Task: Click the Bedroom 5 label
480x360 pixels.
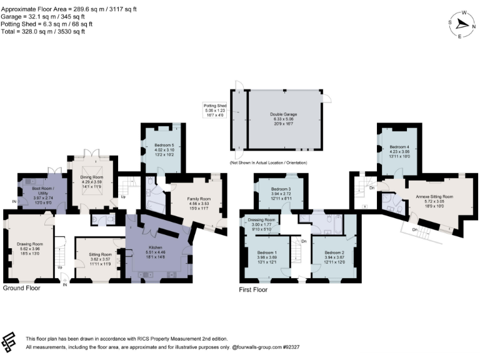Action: click(164, 146)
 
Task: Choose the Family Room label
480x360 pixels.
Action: click(197, 199)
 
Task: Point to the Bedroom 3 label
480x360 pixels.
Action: click(281, 189)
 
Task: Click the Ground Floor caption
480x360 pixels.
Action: click(22, 288)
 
